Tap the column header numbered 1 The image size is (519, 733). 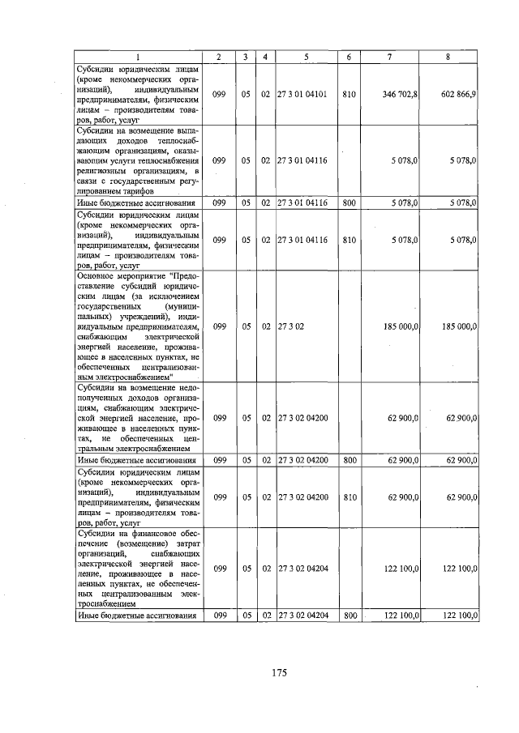point(138,57)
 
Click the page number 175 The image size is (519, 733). point(279,673)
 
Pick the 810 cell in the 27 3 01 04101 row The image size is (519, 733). point(349,95)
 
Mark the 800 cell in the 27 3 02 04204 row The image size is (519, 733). point(349,616)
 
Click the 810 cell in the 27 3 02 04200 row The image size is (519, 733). point(349,497)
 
